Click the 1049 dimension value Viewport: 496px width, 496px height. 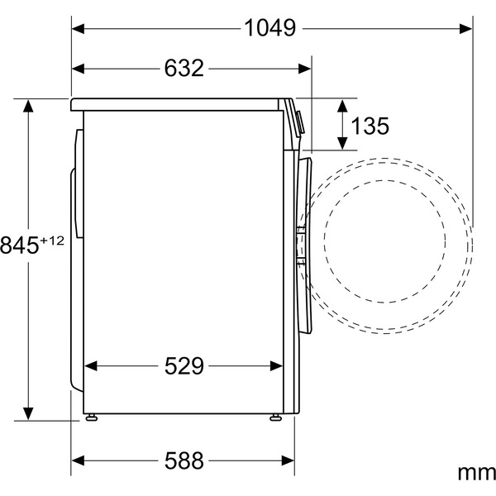[x=270, y=27]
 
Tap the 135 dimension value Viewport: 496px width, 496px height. [x=370, y=126]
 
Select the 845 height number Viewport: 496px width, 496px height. [x=20, y=245]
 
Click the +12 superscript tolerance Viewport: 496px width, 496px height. [x=52, y=239]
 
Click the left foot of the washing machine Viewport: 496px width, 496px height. [x=93, y=417]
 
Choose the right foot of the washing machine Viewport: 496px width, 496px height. [x=272, y=417]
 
